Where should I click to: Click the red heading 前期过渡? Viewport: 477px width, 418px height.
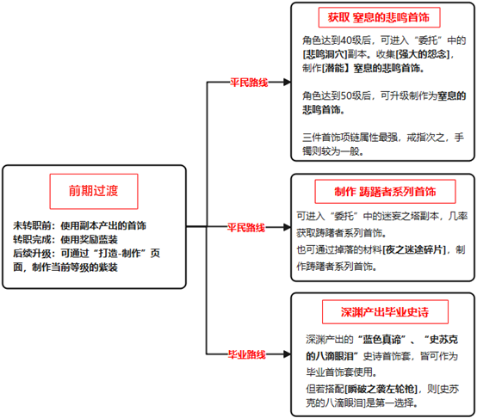pyautogui.click(x=93, y=191)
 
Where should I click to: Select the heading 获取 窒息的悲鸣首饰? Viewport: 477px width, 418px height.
pyautogui.click(x=379, y=17)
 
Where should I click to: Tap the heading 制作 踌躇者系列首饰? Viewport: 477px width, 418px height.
pyautogui.click(x=385, y=192)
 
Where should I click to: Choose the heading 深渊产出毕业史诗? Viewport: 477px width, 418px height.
pyautogui.click(x=385, y=312)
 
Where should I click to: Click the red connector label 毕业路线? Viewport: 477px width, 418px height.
pyautogui.click(x=247, y=354)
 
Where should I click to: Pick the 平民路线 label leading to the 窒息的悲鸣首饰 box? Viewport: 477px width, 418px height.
pyautogui.click(x=249, y=83)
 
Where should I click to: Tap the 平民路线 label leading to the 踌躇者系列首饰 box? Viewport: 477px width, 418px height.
pyautogui.click(x=246, y=227)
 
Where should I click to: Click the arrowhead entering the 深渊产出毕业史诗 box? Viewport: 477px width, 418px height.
pyautogui.click(x=287, y=354)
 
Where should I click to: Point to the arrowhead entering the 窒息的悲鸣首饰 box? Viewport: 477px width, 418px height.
pyautogui.click(x=287, y=82)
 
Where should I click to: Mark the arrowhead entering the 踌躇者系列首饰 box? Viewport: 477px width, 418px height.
pyautogui.click(x=287, y=227)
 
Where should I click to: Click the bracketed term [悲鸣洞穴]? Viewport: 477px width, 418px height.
pyautogui.click(x=325, y=54)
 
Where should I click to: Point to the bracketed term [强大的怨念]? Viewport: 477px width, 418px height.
pyautogui.click(x=423, y=54)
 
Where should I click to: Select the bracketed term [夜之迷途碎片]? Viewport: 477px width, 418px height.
pyautogui.click(x=414, y=249)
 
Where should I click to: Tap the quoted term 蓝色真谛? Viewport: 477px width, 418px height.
pyautogui.click(x=382, y=340)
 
